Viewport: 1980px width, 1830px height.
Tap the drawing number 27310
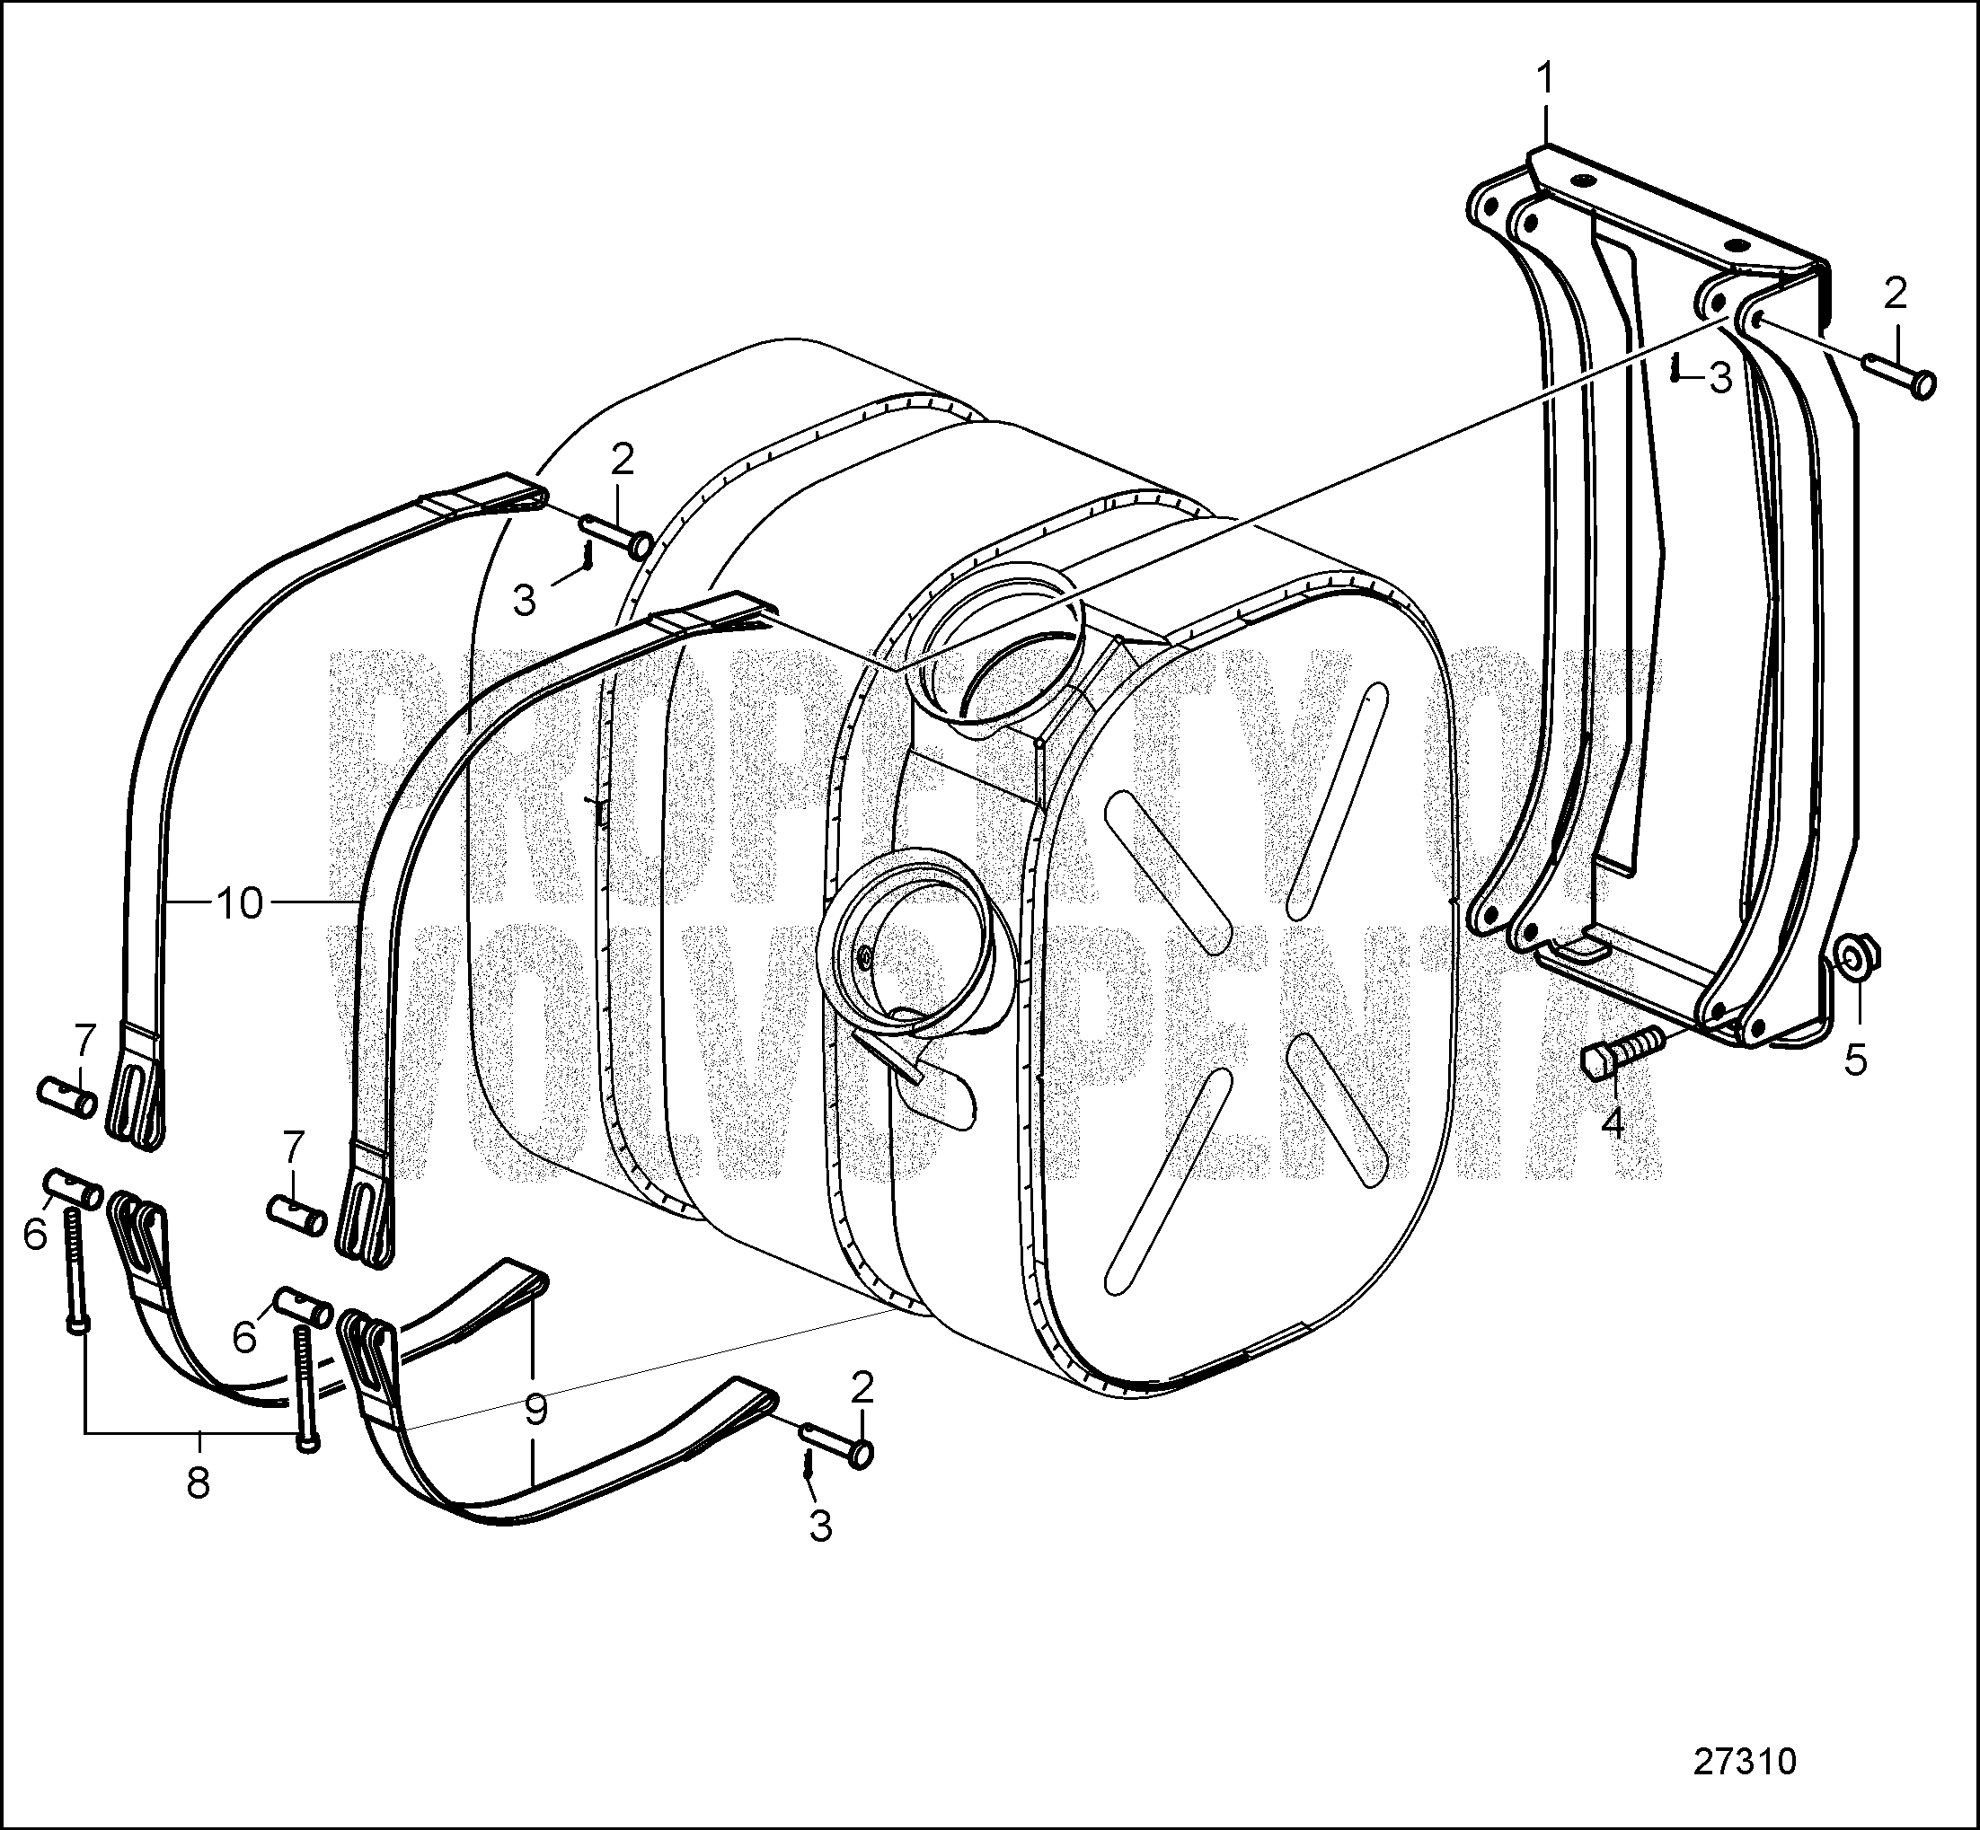(1746, 1761)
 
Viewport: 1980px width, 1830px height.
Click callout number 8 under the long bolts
(199, 1482)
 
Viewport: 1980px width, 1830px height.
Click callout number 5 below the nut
(1855, 1060)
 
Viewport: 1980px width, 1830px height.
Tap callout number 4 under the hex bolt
(1613, 1124)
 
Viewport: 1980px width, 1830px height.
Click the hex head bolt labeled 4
(1624, 1051)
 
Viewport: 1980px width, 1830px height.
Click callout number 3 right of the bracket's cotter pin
(1719, 378)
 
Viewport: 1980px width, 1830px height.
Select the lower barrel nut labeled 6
(302, 1310)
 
